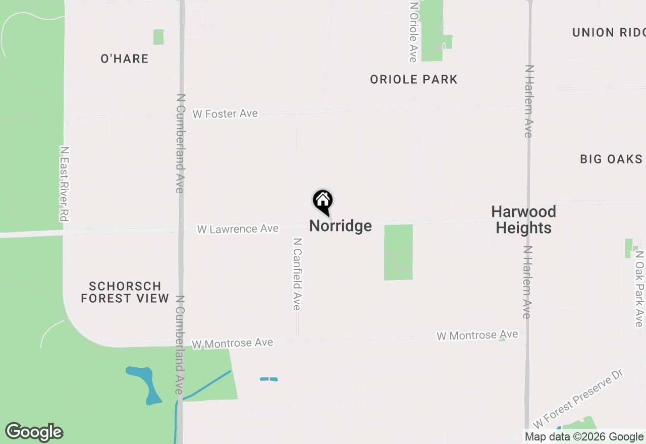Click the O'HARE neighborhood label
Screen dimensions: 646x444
point(125,59)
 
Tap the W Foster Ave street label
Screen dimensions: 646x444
point(225,114)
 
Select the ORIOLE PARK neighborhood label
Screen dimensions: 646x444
point(414,79)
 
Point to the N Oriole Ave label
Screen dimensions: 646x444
point(413,31)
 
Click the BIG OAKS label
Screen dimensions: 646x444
point(611,159)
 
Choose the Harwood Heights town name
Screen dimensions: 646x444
point(524,219)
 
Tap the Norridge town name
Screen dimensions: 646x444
point(340,226)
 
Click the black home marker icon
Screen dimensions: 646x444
point(323,201)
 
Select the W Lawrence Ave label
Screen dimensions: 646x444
point(238,229)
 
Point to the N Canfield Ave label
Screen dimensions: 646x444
point(297,274)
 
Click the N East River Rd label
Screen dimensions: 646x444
point(64,184)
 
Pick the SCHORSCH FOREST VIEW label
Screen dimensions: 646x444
point(125,293)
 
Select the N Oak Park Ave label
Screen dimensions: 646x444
point(639,289)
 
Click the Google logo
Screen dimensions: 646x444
point(34,432)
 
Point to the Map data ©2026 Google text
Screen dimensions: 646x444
point(584,437)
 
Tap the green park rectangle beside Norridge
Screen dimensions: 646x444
point(398,252)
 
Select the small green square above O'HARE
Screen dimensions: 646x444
point(158,37)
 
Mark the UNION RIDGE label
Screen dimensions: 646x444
point(609,33)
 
